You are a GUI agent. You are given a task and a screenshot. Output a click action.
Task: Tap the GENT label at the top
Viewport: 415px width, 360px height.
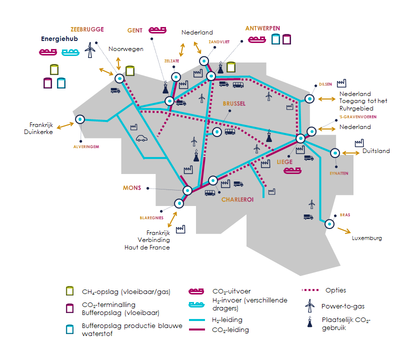point(135,30)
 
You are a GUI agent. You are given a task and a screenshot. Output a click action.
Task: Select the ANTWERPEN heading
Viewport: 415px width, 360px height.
point(262,28)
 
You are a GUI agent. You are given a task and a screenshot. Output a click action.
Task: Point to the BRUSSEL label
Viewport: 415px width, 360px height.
point(234,103)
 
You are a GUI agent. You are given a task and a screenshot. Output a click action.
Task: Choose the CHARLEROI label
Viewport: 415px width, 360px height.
point(237,199)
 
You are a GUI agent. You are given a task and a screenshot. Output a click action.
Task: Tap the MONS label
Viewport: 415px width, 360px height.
point(132,188)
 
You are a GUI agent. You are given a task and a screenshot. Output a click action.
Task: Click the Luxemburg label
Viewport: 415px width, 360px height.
point(367,238)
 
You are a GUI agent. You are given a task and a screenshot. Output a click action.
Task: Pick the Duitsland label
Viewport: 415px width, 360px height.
point(376,150)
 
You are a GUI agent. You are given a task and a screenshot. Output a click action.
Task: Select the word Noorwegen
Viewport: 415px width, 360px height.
point(126,49)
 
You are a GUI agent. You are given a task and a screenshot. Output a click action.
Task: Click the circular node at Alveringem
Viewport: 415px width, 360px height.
point(80,119)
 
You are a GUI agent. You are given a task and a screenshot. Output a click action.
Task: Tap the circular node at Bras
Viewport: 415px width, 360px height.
point(329,224)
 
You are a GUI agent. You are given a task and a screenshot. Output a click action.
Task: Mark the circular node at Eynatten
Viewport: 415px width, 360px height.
point(334,152)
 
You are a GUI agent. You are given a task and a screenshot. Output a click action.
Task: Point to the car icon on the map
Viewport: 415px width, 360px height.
point(141,138)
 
